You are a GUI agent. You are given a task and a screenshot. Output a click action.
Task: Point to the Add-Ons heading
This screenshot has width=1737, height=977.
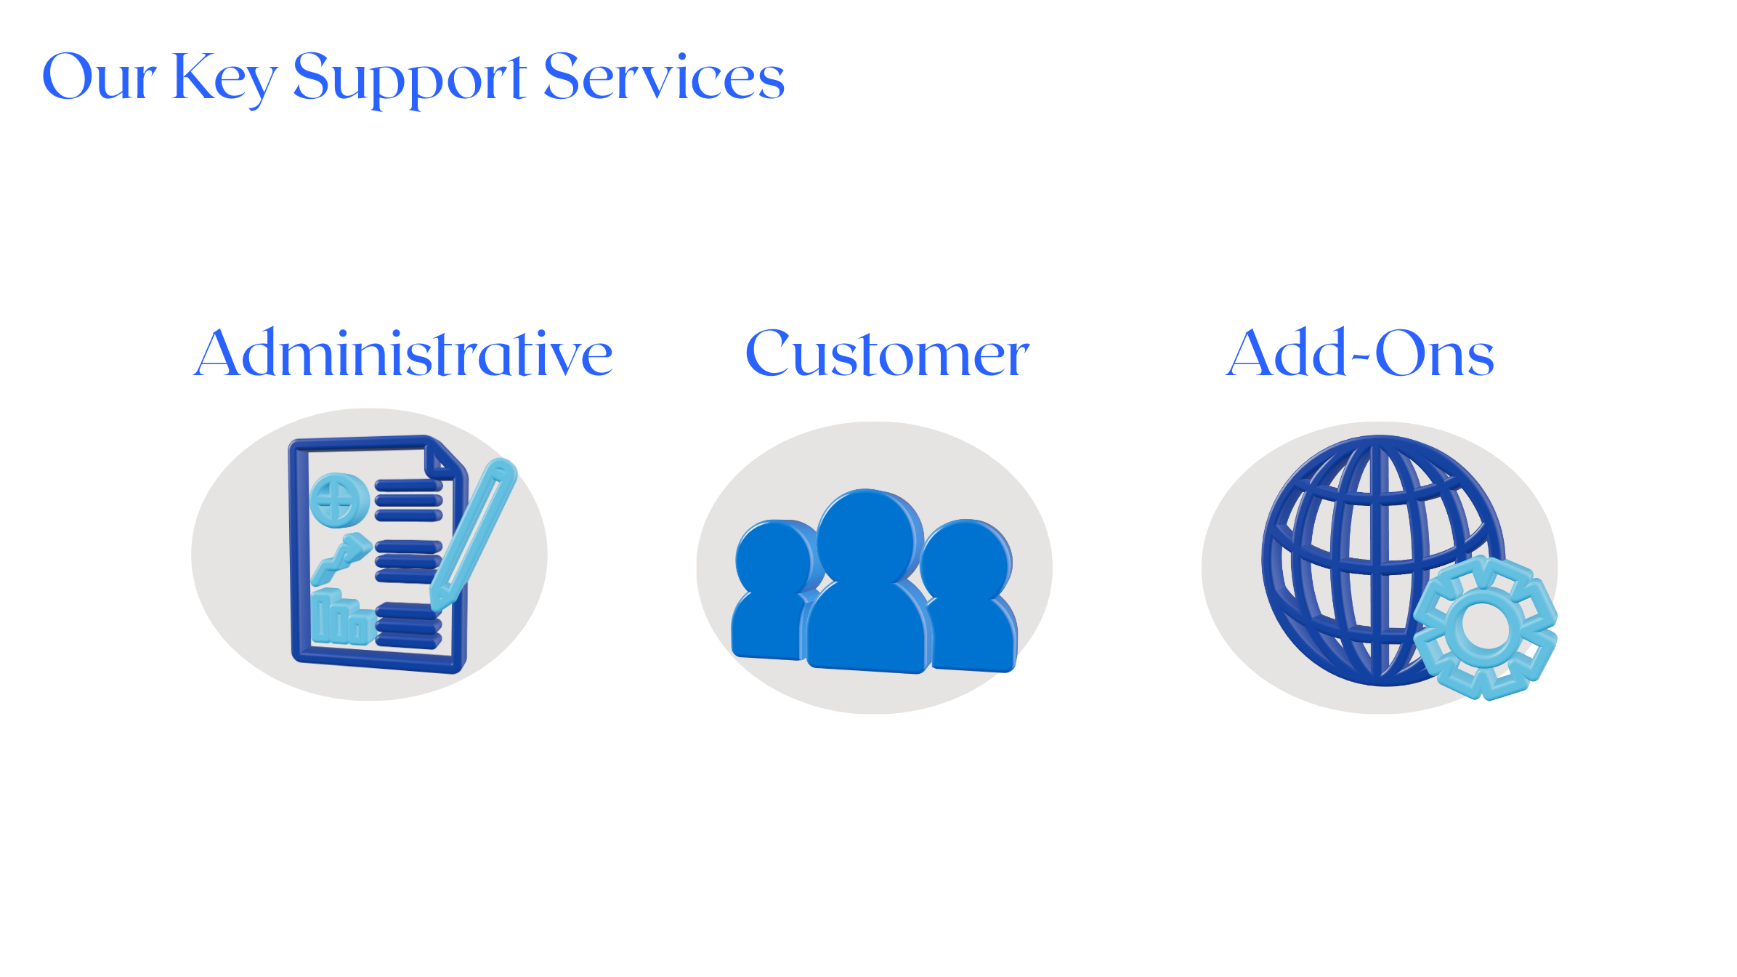(x=1359, y=354)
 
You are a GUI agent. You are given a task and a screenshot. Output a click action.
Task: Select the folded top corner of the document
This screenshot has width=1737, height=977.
(x=445, y=458)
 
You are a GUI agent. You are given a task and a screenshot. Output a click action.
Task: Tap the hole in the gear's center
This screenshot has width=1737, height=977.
(x=1481, y=627)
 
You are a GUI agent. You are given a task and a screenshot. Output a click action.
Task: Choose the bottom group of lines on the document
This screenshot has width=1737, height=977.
(x=409, y=625)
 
